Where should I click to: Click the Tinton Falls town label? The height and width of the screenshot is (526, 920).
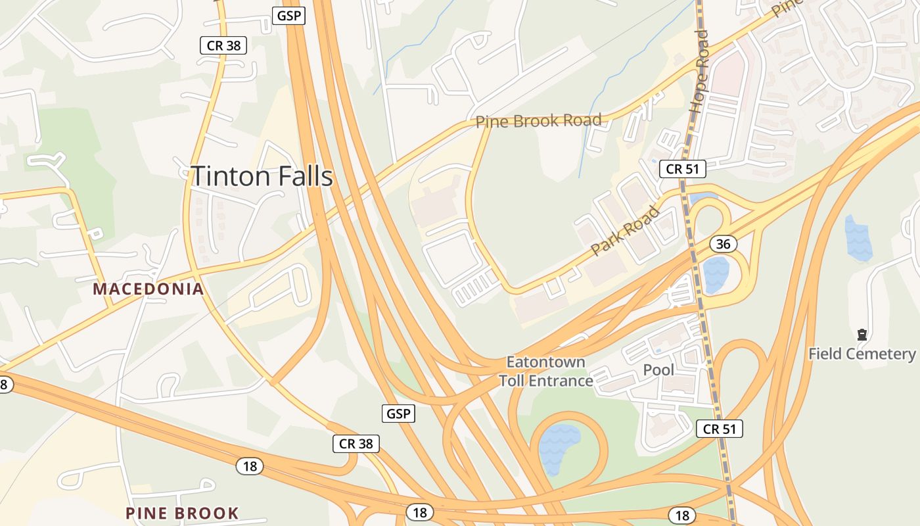[x=262, y=177]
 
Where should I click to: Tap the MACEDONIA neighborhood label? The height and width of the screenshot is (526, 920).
[x=149, y=289]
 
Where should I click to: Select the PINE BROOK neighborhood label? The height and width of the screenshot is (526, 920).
[x=182, y=513]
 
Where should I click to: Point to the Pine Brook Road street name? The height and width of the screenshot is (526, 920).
[x=538, y=121]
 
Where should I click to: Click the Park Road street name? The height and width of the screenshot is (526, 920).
[x=625, y=231]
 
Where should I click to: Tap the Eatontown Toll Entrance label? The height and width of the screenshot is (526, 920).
[x=545, y=371]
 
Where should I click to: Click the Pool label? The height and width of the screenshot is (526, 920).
[x=658, y=370]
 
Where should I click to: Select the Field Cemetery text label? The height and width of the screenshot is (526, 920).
[x=862, y=354]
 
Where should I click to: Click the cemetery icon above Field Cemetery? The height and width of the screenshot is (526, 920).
[x=862, y=335]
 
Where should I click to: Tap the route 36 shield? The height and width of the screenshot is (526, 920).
[x=723, y=244]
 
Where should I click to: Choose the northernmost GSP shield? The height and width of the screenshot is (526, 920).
[x=289, y=16]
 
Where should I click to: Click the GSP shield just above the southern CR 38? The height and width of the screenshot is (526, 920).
[x=398, y=414]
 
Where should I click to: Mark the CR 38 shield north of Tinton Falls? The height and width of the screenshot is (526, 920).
[x=223, y=45]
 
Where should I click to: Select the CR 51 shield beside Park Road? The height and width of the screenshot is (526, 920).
[x=682, y=169]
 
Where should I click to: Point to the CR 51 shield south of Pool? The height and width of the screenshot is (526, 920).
[x=719, y=429]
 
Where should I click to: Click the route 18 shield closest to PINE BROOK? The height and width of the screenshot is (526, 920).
[x=250, y=466]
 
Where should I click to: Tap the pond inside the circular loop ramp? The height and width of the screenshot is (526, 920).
[x=559, y=447]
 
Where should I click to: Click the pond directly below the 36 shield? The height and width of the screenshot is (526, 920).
[x=716, y=275]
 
